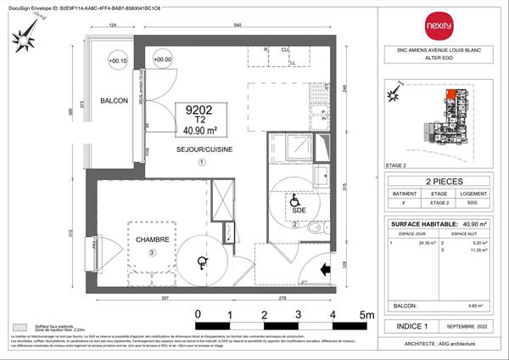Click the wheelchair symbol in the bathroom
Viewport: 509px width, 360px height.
(295, 203)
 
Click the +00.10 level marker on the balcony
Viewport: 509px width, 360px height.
(118, 60)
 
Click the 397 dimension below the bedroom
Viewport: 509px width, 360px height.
(153, 298)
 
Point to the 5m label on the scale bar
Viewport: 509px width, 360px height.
(366, 315)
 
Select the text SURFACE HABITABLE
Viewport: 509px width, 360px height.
(418, 224)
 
